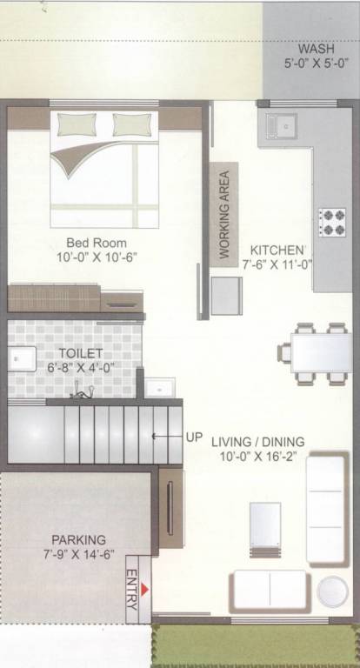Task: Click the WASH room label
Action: coord(315,49)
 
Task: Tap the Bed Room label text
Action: coord(96,243)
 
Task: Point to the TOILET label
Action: coord(81,353)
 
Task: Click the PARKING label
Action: coord(78,539)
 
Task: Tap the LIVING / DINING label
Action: coord(259,442)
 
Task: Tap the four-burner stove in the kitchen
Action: coord(332,222)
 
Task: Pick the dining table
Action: coord(320,352)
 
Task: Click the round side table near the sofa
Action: coord(332,591)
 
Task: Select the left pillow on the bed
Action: coord(77,124)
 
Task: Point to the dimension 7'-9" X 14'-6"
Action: coord(78,554)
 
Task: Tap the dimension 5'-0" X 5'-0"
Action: coord(315,63)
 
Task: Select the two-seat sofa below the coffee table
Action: coord(270,590)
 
